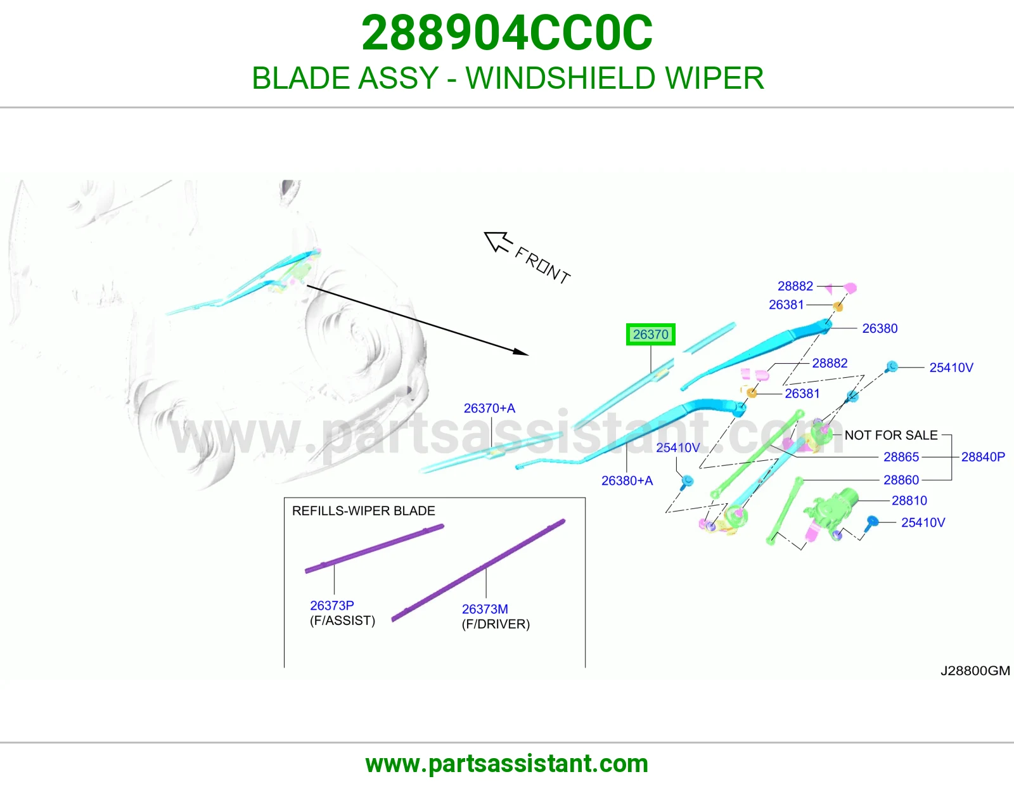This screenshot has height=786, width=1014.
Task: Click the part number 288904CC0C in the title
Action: coord(507,33)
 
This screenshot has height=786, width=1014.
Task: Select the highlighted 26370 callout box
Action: coord(650,334)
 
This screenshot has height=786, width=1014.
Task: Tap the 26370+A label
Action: coord(489,408)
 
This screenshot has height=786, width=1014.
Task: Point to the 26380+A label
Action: coord(627,480)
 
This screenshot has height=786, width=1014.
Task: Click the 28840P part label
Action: coord(983,456)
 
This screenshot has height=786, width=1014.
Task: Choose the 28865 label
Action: coord(901,456)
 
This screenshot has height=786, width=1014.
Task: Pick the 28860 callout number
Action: coord(901,479)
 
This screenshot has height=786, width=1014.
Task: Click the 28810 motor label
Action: coord(909,500)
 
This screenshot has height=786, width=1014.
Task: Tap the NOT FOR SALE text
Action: coord(891,435)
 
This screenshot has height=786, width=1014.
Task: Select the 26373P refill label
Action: coord(332,605)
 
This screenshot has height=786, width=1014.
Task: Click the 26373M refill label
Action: coord(485,609)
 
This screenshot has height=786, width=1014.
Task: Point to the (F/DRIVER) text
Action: coord(496,624)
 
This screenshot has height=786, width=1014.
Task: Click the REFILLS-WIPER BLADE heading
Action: coord(364,511)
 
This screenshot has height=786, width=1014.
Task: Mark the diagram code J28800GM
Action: coord(975,671)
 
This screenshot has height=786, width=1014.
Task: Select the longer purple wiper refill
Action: coord(478,570)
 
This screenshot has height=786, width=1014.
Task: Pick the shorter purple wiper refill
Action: coord(375,548)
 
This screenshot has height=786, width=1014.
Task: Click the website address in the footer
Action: coord(507,764)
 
